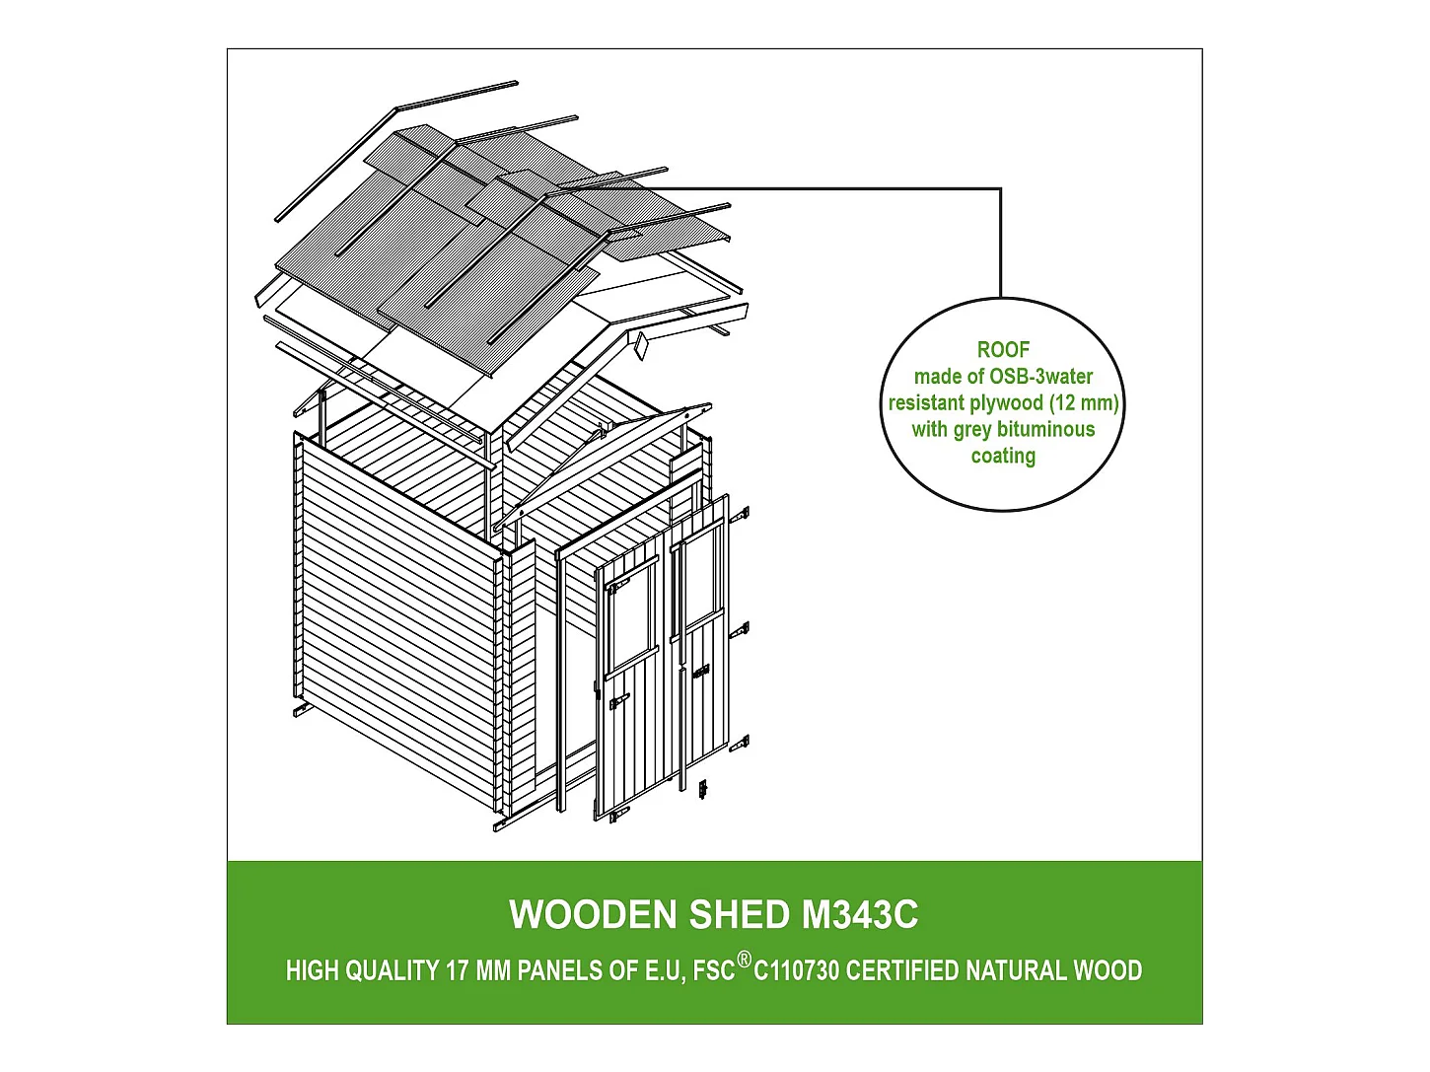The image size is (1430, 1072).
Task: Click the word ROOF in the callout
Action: (x=1003, y=350)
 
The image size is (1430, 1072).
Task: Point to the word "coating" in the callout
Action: (x=1003, y=457)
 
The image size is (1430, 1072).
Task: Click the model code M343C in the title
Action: (x=860, y=915)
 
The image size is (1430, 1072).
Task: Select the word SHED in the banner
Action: (x=741, y=915)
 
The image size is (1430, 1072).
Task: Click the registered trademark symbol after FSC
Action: (x=745, y=960)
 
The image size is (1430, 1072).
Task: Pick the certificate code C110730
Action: (x=797, y=971)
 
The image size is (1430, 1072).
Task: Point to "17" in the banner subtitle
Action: (x=457, y=971)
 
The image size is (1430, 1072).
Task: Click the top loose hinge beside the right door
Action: (x=740, y=515)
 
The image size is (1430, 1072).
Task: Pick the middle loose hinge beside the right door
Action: (x=740, y=630)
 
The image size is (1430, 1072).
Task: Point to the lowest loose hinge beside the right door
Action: (x=740, y=744)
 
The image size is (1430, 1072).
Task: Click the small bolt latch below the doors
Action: (x=703, y=789)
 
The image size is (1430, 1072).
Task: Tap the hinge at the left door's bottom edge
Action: (x=618, y=815)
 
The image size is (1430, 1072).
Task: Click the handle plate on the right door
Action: (x=701, y=673)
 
